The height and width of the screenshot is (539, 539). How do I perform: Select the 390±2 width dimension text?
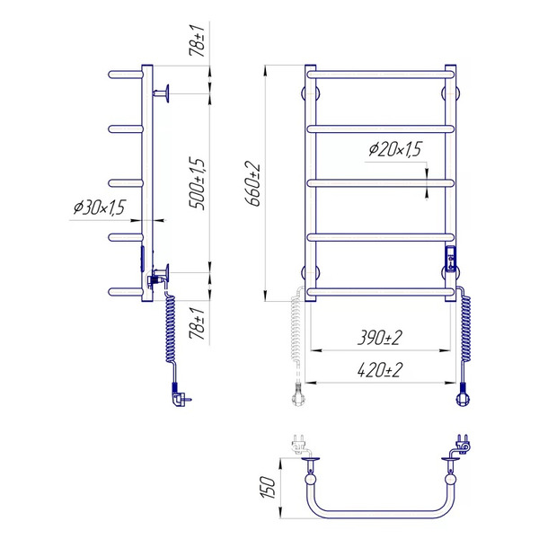[x=379, y=338]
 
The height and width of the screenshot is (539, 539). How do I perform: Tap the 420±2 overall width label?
[x=379, y=370]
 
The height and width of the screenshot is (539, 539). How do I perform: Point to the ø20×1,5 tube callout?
[x=395, y=149]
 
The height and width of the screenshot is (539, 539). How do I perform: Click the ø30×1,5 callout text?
[x=99, y=208]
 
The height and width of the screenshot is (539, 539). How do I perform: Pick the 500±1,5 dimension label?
[x=198, y=183]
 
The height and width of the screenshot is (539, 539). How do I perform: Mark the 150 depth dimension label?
[x=268, y=488]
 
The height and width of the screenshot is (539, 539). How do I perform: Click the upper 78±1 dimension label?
[x=197, y=40]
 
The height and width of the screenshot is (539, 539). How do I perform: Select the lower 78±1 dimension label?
[x=197, y=323]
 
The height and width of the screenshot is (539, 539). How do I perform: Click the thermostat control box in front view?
[x=451, y=259]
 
